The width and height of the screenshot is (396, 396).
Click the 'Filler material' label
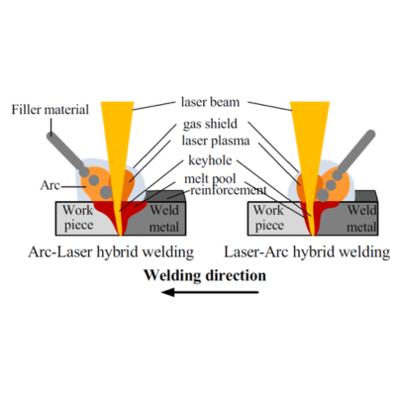(52, 109)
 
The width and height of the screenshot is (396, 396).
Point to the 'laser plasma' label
(214, 143)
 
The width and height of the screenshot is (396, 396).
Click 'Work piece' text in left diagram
(76, 216)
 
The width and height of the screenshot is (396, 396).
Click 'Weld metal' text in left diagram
(163, 216)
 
